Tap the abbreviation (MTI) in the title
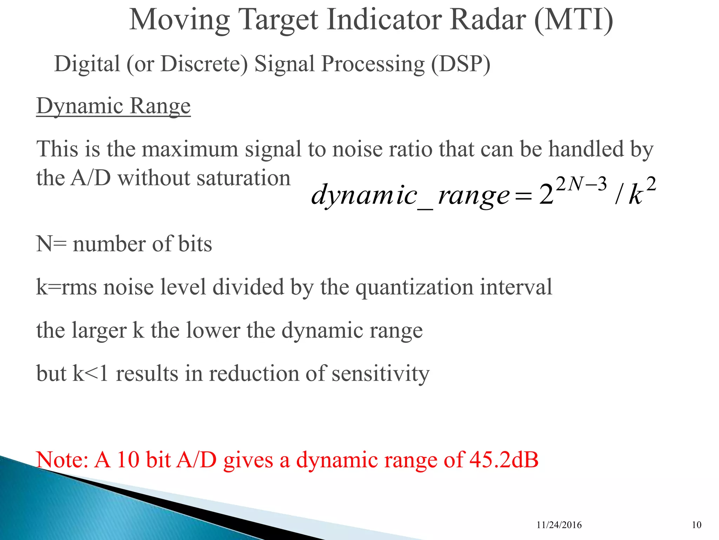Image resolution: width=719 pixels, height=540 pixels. pos(573,20)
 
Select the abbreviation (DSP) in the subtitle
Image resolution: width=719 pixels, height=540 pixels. pos(460,64)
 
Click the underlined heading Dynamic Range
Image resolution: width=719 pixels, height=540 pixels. pos(113,106)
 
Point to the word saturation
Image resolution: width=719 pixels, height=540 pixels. pos(243,178)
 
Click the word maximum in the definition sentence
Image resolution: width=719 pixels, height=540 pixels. pos(190,149)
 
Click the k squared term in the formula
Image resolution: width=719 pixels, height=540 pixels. pos(641,192)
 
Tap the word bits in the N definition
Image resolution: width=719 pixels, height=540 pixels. pos(195,244)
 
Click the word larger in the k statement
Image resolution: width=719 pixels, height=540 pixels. pos(99,330)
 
